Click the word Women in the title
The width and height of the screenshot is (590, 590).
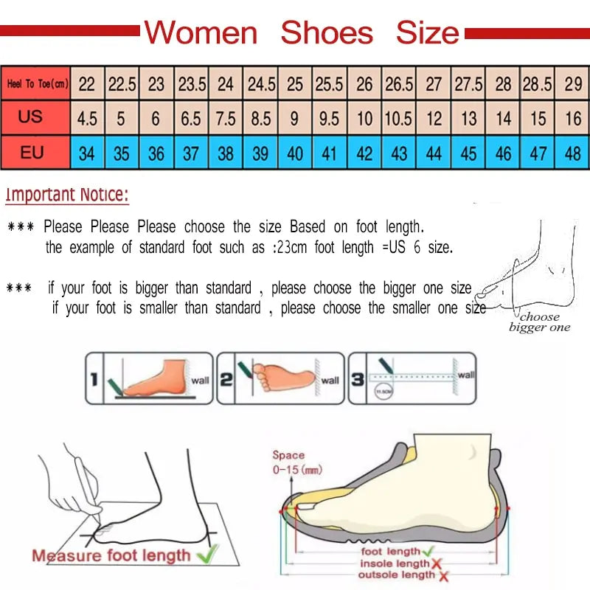pos(201,33)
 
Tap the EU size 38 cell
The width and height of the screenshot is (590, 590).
pos(226,154)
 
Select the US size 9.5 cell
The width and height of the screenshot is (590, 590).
pos(330,119)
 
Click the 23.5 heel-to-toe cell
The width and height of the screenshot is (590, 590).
pos(192,84)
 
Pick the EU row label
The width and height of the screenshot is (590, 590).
pos(32,153)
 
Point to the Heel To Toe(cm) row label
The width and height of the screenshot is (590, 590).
pos(37,84)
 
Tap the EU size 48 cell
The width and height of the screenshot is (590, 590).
pos(573,154)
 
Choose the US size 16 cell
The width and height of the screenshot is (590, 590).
pos(573,119)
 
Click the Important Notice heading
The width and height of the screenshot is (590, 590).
pos(67,195)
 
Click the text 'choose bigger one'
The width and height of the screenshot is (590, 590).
pos(539,322)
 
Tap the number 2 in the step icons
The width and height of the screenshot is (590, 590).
pos(227,380)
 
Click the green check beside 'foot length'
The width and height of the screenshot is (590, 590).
pos(428,551)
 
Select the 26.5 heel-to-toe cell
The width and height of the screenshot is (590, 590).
pos(399,84)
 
